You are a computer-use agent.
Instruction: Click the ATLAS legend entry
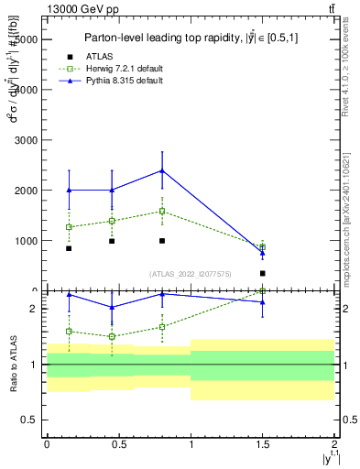click(99, 57)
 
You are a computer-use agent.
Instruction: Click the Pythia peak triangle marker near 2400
click(162, 170)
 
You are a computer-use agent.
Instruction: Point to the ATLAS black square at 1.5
click(263, 273)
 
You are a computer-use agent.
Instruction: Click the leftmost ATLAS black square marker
click(69, 248)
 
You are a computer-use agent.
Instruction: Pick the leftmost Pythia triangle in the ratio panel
click(69, 295)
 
